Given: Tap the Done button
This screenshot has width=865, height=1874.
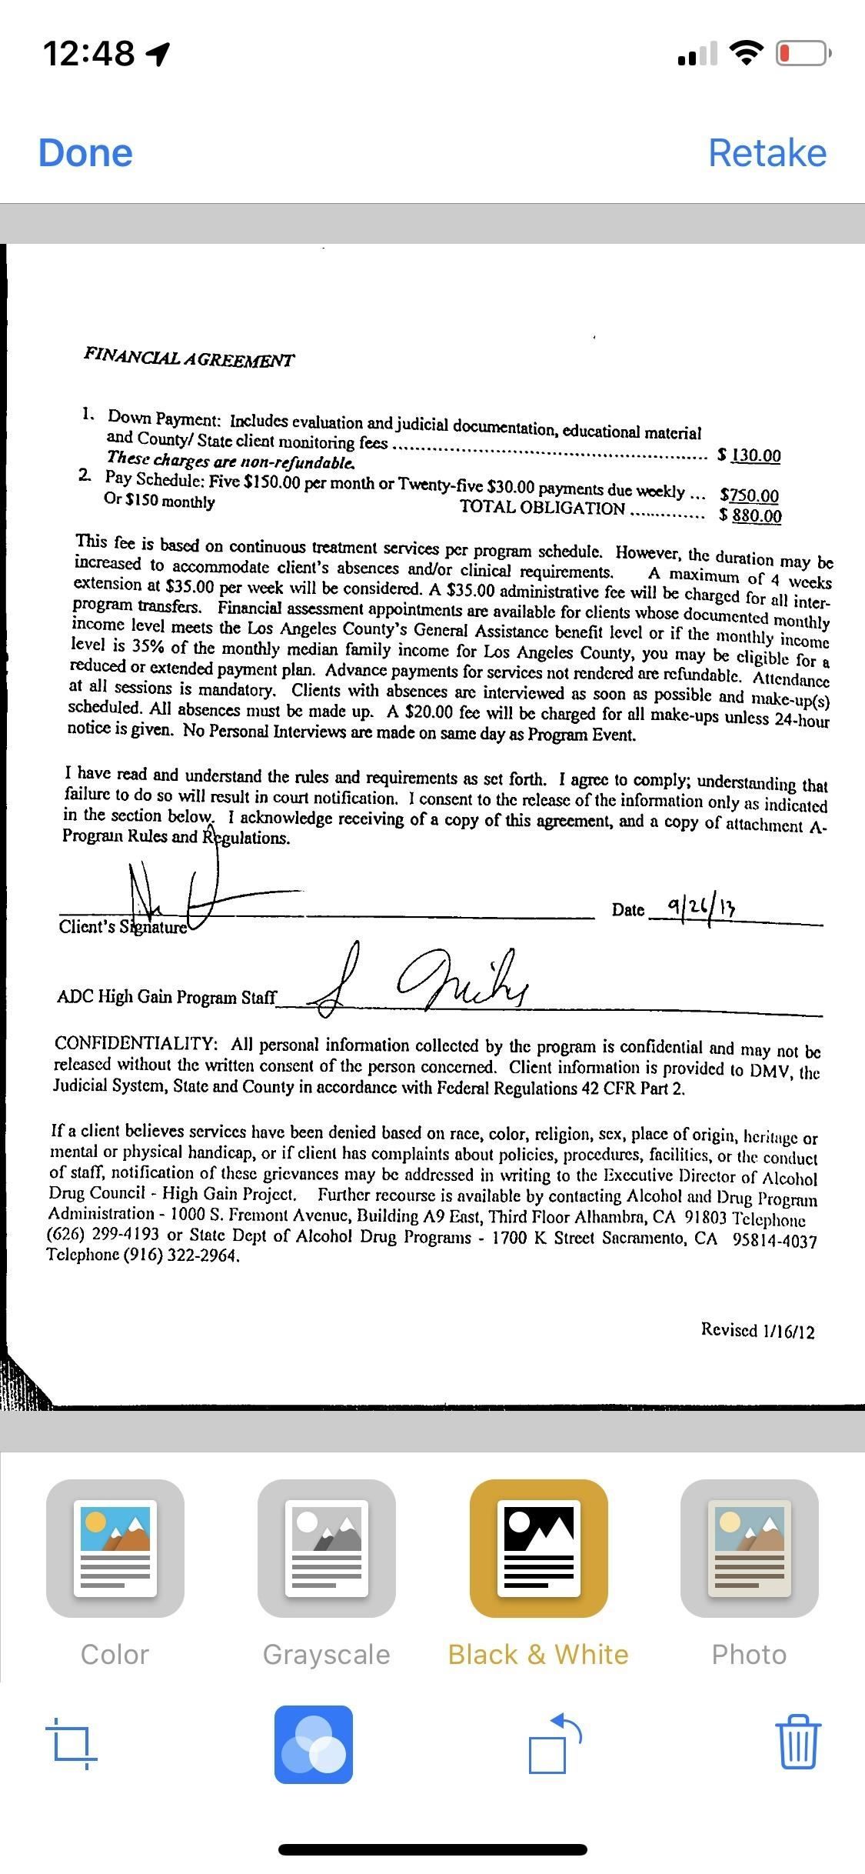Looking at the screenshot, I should point(85,153).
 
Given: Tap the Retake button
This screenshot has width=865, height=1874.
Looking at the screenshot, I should point(767,153).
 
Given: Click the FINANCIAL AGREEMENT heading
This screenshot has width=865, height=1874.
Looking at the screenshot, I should point(189,358).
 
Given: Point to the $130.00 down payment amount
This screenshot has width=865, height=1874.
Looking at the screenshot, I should point(750,455).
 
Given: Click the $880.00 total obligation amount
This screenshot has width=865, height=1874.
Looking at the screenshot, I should point(751,515).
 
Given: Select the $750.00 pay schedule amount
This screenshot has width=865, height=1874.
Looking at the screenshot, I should point(750,495).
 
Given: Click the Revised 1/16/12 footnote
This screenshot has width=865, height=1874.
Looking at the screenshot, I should point(757,1330).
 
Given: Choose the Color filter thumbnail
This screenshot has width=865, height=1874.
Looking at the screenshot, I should point(115,1548).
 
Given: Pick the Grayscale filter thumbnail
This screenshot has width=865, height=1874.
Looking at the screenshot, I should point(326,1548).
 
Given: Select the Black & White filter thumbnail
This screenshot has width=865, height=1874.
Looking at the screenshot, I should point(538,1548).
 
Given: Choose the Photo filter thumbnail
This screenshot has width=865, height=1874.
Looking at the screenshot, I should point(750,1548).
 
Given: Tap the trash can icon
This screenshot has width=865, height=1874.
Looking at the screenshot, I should point(798,1742).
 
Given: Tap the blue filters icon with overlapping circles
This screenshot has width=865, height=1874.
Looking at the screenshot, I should point(314,1744).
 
